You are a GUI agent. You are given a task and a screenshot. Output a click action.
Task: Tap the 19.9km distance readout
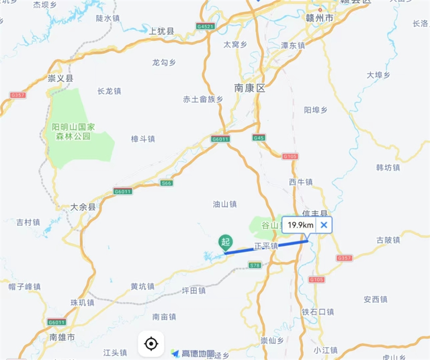coord(300,225)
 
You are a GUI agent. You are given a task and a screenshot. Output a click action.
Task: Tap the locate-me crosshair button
coord(151,344)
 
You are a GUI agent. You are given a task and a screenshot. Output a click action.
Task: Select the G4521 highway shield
coord(205,27)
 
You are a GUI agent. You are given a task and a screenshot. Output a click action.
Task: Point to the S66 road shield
coord(166,183)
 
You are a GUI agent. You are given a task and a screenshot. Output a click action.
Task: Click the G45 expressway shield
coord(259,138)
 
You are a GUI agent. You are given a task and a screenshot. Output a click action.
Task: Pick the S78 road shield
coord(255,265)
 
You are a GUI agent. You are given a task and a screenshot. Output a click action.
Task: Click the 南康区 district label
coord(250,89)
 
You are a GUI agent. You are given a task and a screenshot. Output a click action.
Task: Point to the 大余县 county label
coord(83,208)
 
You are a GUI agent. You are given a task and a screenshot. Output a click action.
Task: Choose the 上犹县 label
coord(162,32)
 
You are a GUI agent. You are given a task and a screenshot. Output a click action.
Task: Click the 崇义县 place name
coord(61,79)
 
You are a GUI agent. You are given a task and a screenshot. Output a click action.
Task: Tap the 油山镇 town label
coord(224,204)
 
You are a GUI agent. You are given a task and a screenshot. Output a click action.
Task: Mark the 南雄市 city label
coord(62,338)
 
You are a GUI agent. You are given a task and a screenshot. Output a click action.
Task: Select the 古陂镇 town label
coord(388,241)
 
